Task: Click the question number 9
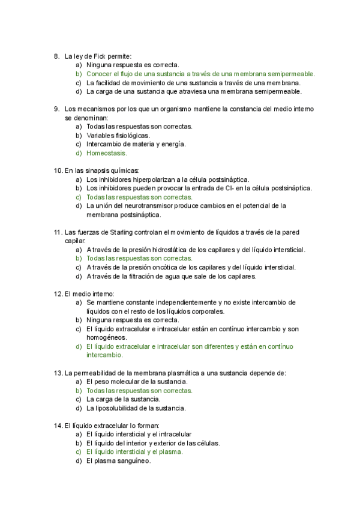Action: click(56, 109)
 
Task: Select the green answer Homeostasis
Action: click(107, 153)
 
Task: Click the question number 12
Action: click(58, 294)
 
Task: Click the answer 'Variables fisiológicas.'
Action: click(118, 136)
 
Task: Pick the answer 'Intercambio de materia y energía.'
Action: click(136, 144)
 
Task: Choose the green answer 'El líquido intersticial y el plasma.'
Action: click(134, 452)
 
